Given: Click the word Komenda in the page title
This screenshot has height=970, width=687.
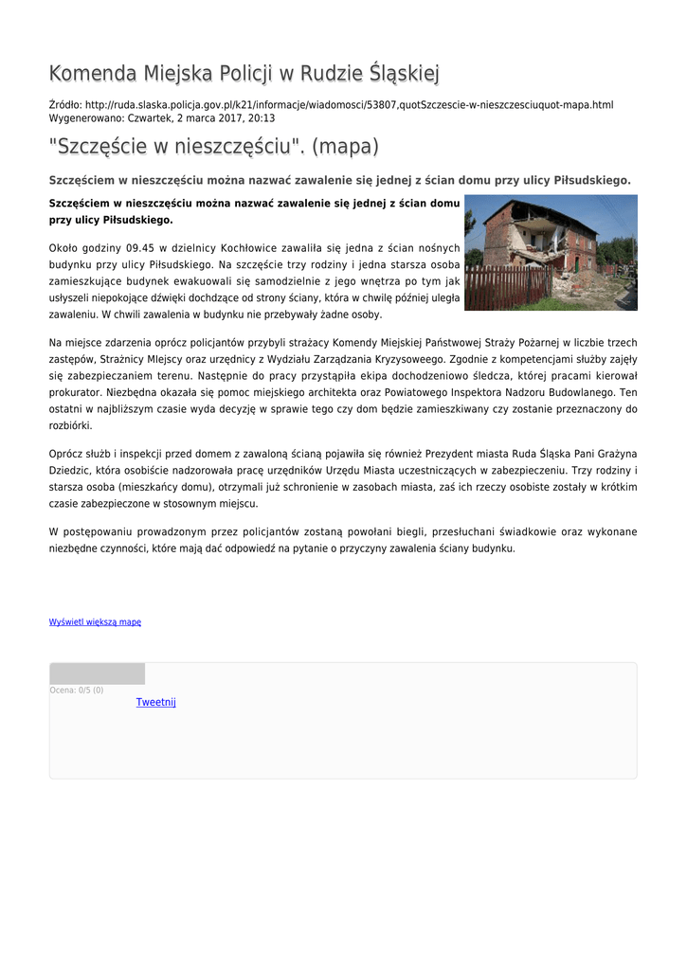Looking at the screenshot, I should coord(93,73).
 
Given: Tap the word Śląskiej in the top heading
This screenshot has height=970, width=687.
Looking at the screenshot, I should coord(405,73).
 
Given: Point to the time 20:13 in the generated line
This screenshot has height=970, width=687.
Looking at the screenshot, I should coord(262,118).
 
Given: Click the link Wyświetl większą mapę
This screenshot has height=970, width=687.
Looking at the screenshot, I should coord(95,622).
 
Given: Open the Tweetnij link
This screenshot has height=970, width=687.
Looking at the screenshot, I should coord(155,702).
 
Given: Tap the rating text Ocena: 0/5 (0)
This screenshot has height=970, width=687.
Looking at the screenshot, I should coord(77,690).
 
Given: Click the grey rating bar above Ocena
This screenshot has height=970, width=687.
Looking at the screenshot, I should coord(97,674).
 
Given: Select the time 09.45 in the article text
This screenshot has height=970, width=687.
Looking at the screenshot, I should coord(127,248).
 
